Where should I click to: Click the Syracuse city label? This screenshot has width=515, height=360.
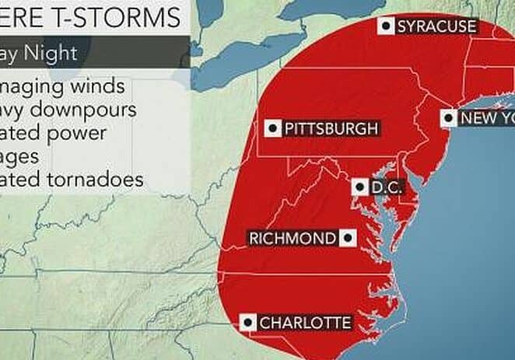coord(436,27)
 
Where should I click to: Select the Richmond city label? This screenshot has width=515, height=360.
coord(293,238)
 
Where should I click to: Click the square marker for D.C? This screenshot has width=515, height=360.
coord(359,187)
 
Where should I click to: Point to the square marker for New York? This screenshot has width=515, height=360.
coord(449,118)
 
